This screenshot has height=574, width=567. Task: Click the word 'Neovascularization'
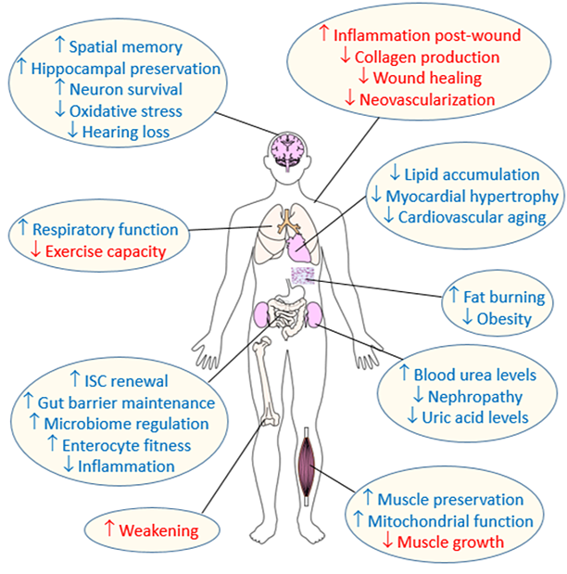tap(429, 99)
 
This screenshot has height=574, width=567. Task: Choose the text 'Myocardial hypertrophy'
tap(476, 196)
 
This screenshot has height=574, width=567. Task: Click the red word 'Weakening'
tap(161, 530)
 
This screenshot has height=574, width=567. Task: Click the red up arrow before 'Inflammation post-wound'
tap(323, 35)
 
